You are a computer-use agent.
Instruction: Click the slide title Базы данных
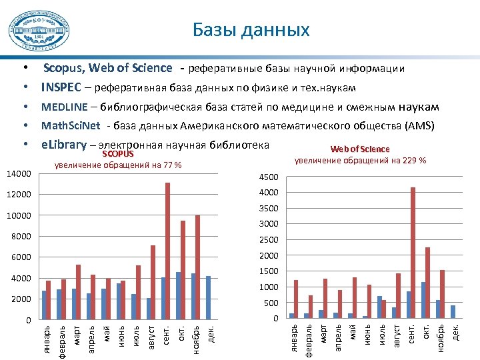(x=251, y=30)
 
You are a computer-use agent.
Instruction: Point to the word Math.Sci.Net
(x=71, y=126)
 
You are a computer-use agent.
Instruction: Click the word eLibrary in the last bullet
(x=64, y=145)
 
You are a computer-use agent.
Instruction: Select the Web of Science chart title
(x=360, y=149)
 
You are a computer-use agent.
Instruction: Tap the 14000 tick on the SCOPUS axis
(x=19, y=174)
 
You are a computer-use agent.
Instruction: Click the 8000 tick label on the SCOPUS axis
(x=21, y=237)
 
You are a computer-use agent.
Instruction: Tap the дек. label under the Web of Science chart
(x=456, y=331)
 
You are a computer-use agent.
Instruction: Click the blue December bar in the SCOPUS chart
(x=209, y=297)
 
